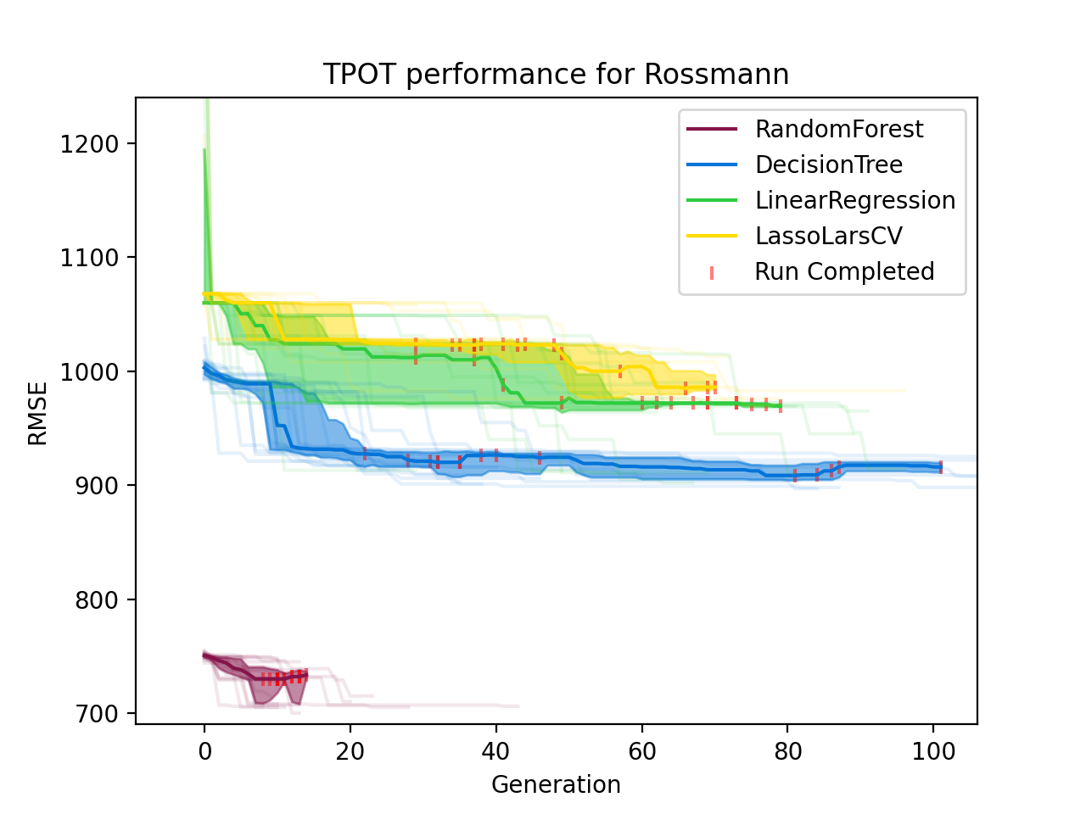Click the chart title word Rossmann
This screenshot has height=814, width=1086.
point(717,75)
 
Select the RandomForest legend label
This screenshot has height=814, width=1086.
point(838,129)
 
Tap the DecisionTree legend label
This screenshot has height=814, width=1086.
point(828,164)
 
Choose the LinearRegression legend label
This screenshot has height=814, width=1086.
point(854,200)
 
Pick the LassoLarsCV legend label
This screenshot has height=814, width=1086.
point(828,236)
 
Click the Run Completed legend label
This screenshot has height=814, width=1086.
point(844,271)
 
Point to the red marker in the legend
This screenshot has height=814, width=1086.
point(712,272)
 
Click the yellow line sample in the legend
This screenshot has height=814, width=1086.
point(712,237)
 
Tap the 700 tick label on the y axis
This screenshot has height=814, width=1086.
point(95,713)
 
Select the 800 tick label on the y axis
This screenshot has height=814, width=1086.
point(95,599)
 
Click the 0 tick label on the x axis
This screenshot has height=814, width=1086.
point(204,751)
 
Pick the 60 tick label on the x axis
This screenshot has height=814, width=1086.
point(642,751)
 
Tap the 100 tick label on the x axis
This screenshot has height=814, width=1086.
point(933,751)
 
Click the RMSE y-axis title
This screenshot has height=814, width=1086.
point(37,413)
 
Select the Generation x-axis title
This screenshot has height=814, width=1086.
point(556,784)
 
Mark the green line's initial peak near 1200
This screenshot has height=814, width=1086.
point(204,150)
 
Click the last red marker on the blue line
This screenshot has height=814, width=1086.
point(941,467)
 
